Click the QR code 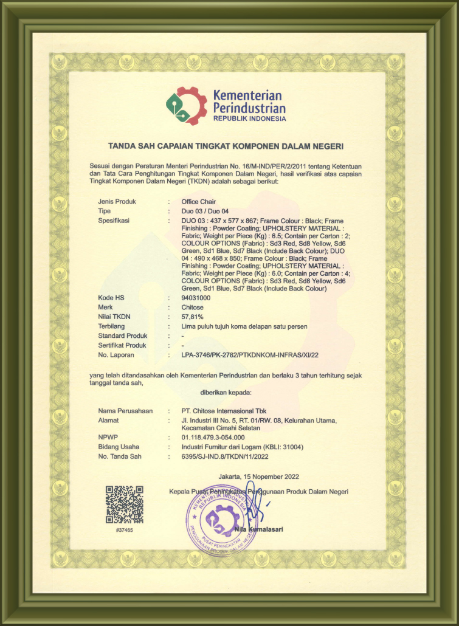(124, 504)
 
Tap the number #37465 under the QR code (124, 531)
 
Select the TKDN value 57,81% (192, 317)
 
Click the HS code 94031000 (196, 298)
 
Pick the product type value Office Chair (199, 201)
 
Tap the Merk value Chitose (193, 308)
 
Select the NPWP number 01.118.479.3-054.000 (213, 437)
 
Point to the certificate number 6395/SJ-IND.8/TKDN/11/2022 (224, 456)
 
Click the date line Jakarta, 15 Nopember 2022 (258, 476)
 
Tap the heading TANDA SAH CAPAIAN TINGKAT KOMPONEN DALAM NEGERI (226, 146)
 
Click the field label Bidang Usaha (119, 447)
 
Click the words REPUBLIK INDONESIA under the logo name (249, 119)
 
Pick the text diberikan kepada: (226, 392)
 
